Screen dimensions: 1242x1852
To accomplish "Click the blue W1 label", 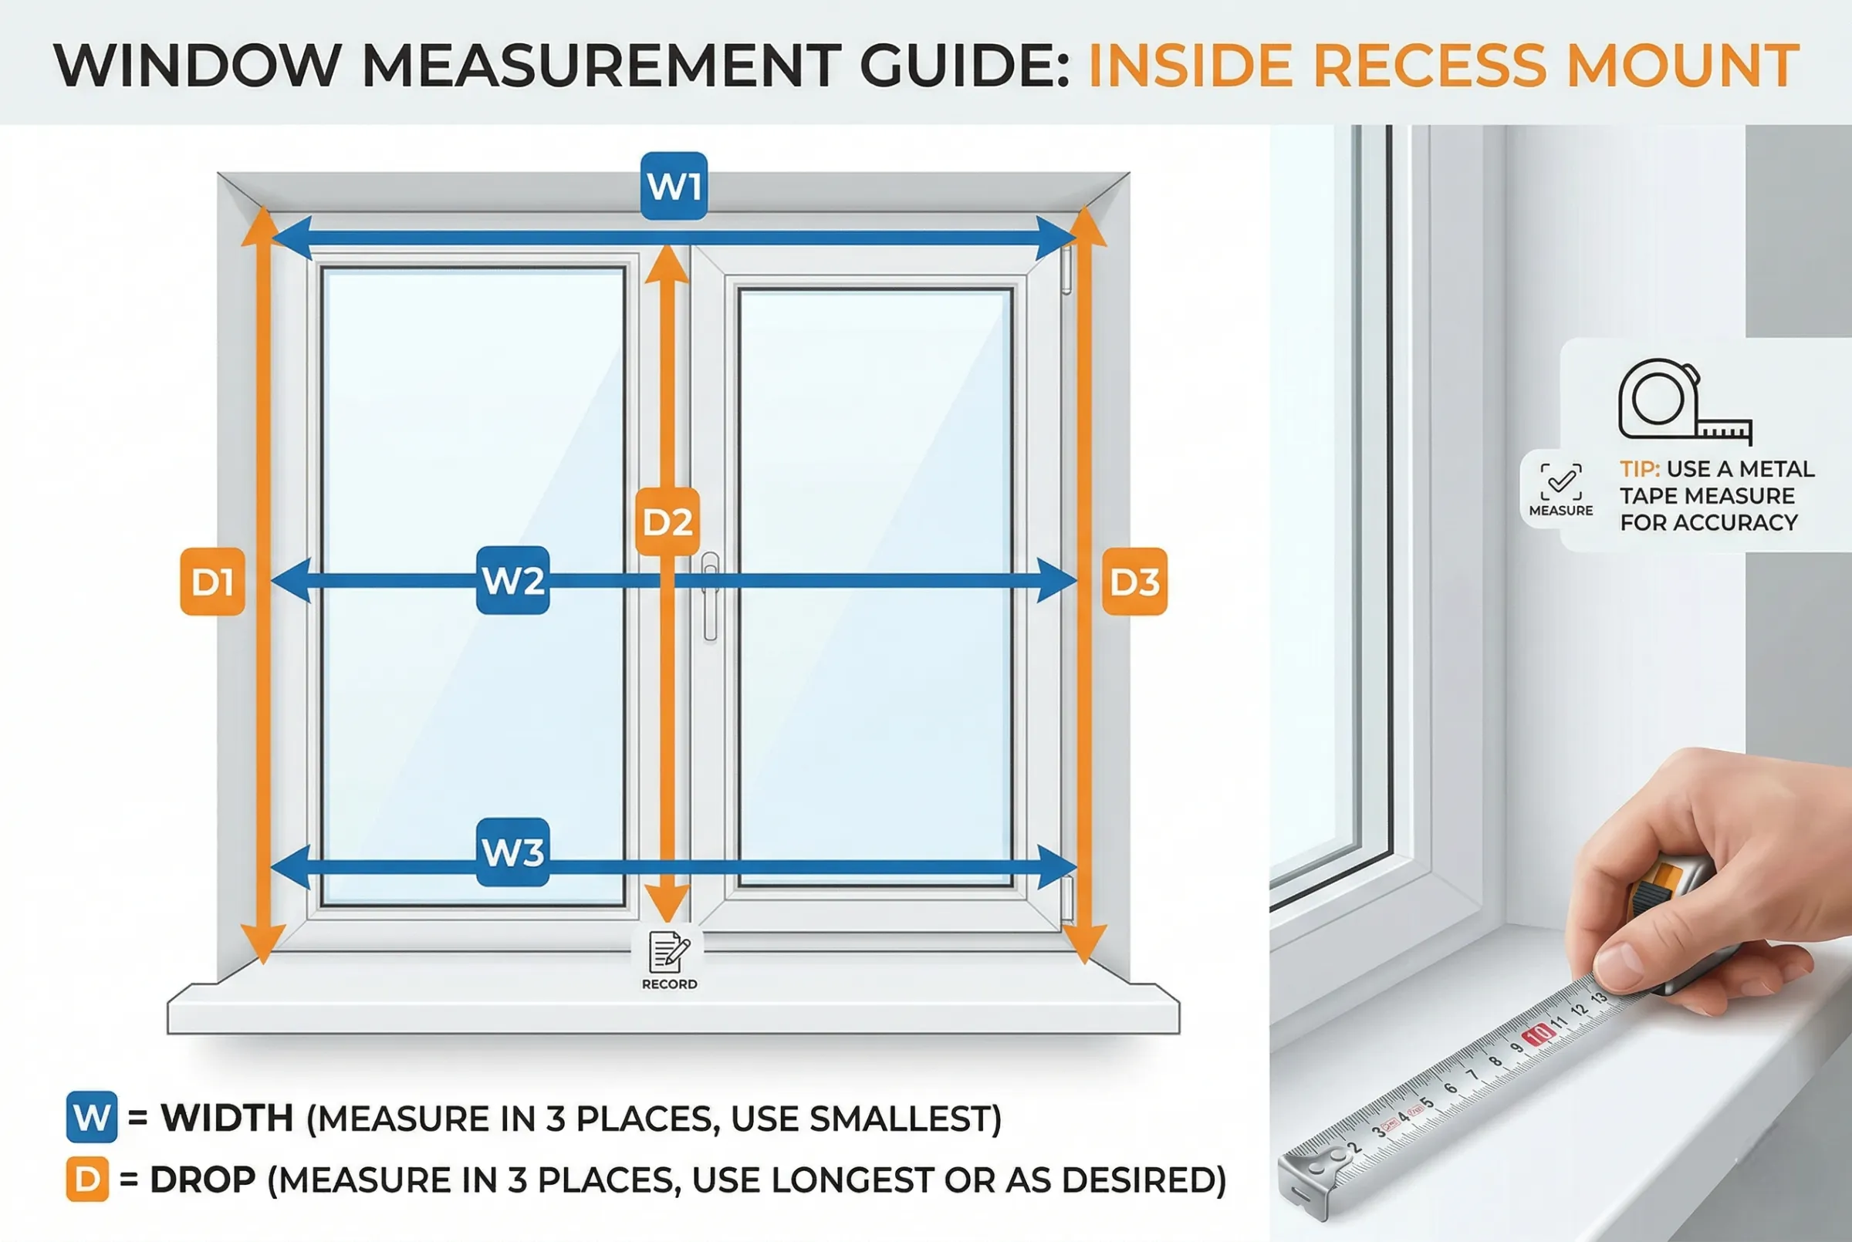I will (674, 186).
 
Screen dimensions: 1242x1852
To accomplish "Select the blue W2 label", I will (512, 581).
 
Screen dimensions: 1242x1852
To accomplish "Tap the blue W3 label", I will (512, 852).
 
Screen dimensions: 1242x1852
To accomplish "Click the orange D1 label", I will (212, 582).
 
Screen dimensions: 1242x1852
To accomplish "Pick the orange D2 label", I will (667, 522).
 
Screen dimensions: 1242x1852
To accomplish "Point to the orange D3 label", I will (1134, 582).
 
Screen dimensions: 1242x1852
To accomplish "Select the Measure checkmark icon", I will (1560, 481).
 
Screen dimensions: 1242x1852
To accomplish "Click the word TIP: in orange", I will (1639, 469).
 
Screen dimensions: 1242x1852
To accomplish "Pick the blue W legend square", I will (92, 1117).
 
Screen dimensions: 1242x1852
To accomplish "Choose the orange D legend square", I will (87, 1180).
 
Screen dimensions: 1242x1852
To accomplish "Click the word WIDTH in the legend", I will (228, 1118).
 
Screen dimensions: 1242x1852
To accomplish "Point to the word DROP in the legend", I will (203, 1180).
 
